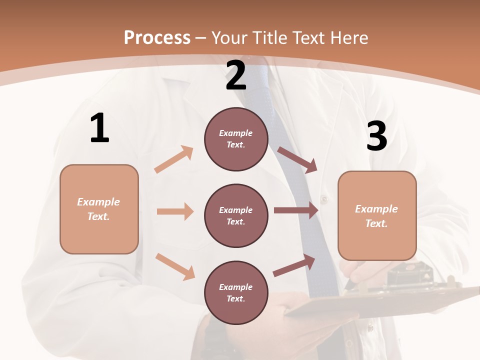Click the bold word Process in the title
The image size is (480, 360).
pyautogui.click(x=157, y=37)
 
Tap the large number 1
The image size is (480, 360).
pyautogui.click(x=99, y=128)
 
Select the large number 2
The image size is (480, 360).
pyautogui.click(x=236, y=75)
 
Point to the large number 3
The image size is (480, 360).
pyautogui.click(x=376, y=136)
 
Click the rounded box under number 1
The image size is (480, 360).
pyautogui.click(x=99, y=209)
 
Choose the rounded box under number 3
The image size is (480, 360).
pyautogui.click(x=377, y=216)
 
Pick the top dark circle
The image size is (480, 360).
pyautogui.click(x=236, y=139)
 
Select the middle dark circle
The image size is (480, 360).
pyautogui.click(x=236, y=216)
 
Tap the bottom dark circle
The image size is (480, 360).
pyautogui.click(x=236, y=293)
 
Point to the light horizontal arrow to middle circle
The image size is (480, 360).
pyautogui.click(x=175, y=211)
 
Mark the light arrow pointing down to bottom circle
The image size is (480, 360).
pyautogui.click(x=175, y=266)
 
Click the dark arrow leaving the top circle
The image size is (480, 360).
pyautogui.click(x=297, y=159)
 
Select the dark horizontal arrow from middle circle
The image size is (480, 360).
pyautogui.click(x=296, y=210)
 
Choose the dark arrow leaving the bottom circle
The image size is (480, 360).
pyautogui.click(x=294, y=265)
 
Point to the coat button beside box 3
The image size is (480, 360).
pyautogui.click(x=324, y=199)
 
